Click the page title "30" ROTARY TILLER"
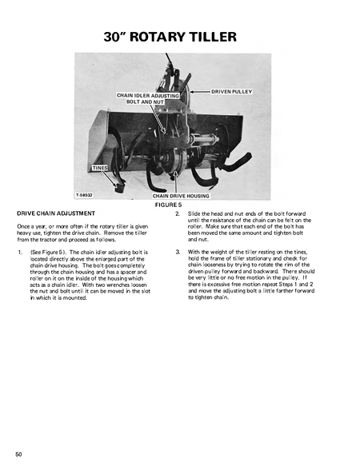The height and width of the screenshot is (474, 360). [x=180, y=37]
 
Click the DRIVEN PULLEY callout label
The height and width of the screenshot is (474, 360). [x=232, y=92]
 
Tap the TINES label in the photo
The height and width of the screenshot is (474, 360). [x=99, y=168]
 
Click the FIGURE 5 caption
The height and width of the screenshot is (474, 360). [x=180, y=205]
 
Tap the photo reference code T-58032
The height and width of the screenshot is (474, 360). [x=85, y=195]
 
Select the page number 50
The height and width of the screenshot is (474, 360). [x=19, y=454]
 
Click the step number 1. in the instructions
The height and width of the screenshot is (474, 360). [x=18, y=253]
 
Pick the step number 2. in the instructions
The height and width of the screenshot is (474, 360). [x=178, y=213]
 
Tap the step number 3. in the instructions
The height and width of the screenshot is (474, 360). [x=178, y=253]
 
